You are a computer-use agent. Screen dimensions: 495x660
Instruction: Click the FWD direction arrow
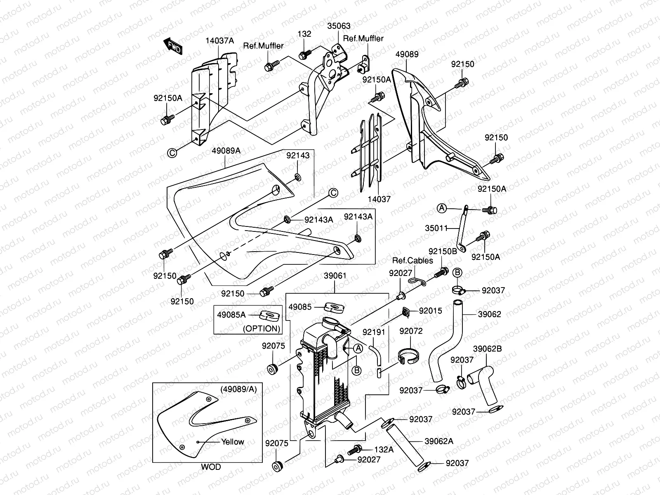(173, 46)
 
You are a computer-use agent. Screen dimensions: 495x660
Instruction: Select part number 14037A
(220, 40)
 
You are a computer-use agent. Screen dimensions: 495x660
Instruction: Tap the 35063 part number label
(339, 26)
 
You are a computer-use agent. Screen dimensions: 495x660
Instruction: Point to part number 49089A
(226, 151)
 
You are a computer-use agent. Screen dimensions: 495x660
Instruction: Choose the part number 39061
(335, 276)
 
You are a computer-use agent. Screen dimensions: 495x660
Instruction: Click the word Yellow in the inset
(233, 442)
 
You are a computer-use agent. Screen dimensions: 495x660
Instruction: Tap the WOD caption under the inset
(211, 467)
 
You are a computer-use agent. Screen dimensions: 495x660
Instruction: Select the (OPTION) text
(262, 328)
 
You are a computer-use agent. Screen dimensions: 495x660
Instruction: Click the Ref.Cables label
(412, 261)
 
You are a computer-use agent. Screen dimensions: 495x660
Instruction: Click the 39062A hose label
(439, 441)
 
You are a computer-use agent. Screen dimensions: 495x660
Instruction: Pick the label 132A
(384, 449)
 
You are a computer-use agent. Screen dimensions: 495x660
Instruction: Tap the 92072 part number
(411, 331)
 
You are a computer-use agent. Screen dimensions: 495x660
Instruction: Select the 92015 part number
(431, 311)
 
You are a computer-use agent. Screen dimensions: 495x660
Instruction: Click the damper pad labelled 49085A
(269, 316)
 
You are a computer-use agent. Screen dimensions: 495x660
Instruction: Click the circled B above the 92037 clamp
(457, 272)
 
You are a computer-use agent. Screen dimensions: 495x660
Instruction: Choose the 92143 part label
(298, 156)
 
